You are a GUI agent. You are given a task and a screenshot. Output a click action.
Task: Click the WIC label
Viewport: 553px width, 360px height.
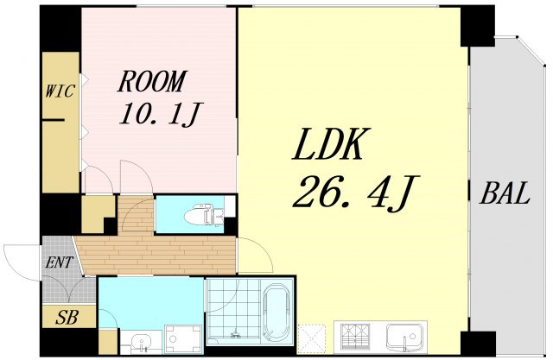tap(60, 92)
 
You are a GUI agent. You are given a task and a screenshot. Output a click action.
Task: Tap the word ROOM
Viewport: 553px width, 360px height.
tap(152, 81)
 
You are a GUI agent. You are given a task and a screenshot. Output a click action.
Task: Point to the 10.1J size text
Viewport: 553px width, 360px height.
tap(161, 114)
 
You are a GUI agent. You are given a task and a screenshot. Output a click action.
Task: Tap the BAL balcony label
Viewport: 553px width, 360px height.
tap(505, 193)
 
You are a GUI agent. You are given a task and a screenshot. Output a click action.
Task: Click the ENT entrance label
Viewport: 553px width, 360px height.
tap(59, 262)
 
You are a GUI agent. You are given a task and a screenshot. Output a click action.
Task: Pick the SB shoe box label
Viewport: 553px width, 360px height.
tap(67, 318)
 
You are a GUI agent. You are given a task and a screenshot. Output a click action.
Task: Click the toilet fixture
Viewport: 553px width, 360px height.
tap(204, 215)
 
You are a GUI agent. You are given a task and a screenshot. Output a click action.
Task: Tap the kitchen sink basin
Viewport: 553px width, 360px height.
tap(405, 336)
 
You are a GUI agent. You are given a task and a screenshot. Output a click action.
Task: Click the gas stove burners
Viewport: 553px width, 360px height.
tap(353, 336)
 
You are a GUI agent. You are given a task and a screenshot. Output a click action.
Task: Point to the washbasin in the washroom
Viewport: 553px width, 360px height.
tap(142, 342)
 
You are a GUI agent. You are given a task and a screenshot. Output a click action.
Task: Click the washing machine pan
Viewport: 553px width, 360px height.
tap(182, 339)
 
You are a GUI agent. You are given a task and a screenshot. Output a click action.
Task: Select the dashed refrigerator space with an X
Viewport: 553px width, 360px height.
tap(311, 338)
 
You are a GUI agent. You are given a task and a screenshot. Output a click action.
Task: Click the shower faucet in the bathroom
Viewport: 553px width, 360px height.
tap(234, 333)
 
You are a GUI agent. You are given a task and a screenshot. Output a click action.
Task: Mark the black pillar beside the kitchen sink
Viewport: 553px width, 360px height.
tap(478, 344)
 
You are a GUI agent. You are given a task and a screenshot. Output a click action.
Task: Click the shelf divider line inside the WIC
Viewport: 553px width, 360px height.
tap(54, 120)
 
